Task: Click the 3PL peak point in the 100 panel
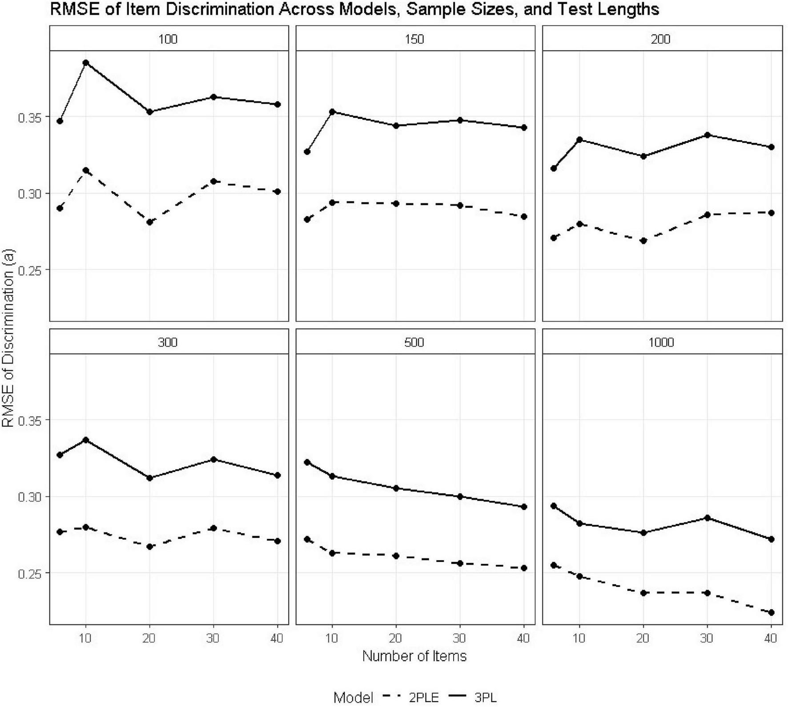coord(86,63)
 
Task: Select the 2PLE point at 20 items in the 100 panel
coord(150,222)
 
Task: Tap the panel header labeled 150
coord(414,39)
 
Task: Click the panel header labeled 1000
coord(661,342)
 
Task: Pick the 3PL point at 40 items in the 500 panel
coord(524,507)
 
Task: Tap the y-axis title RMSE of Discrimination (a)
coord(8,338)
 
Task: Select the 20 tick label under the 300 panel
coord(149,638)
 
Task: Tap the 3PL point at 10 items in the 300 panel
coord(86,440)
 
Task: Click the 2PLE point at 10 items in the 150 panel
coord(332,202)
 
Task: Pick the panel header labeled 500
coord(414,342)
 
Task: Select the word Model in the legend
coord(353,698)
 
